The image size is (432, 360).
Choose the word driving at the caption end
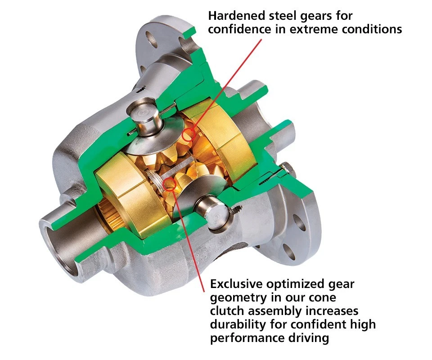click(x=308, y=338)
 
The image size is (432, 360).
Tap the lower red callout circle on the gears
click(x=169, y=183)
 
